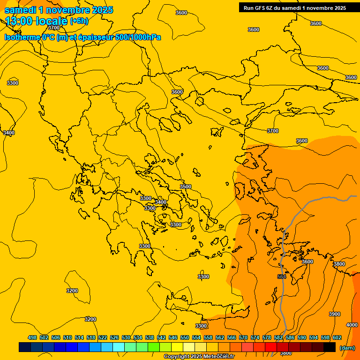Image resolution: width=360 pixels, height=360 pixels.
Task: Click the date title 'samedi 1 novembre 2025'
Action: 59,10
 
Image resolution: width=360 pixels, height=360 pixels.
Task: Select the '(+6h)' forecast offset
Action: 79,21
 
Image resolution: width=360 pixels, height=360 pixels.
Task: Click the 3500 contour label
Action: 186,187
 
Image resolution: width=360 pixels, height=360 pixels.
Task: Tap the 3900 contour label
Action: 335,314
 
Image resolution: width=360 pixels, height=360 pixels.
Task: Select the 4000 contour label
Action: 352,325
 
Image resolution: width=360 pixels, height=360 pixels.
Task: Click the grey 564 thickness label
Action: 282,277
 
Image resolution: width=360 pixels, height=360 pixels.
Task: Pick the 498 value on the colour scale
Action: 32,337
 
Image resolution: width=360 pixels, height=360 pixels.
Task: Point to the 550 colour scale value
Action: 185,337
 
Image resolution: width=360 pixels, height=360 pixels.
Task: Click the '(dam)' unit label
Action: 347,347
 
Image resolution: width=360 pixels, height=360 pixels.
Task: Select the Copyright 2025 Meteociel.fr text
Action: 199,356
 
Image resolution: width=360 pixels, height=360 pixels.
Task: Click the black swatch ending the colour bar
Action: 330,347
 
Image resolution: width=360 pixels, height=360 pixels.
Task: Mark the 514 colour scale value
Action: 79,337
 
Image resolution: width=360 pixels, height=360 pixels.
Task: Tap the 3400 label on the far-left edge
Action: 9,133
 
